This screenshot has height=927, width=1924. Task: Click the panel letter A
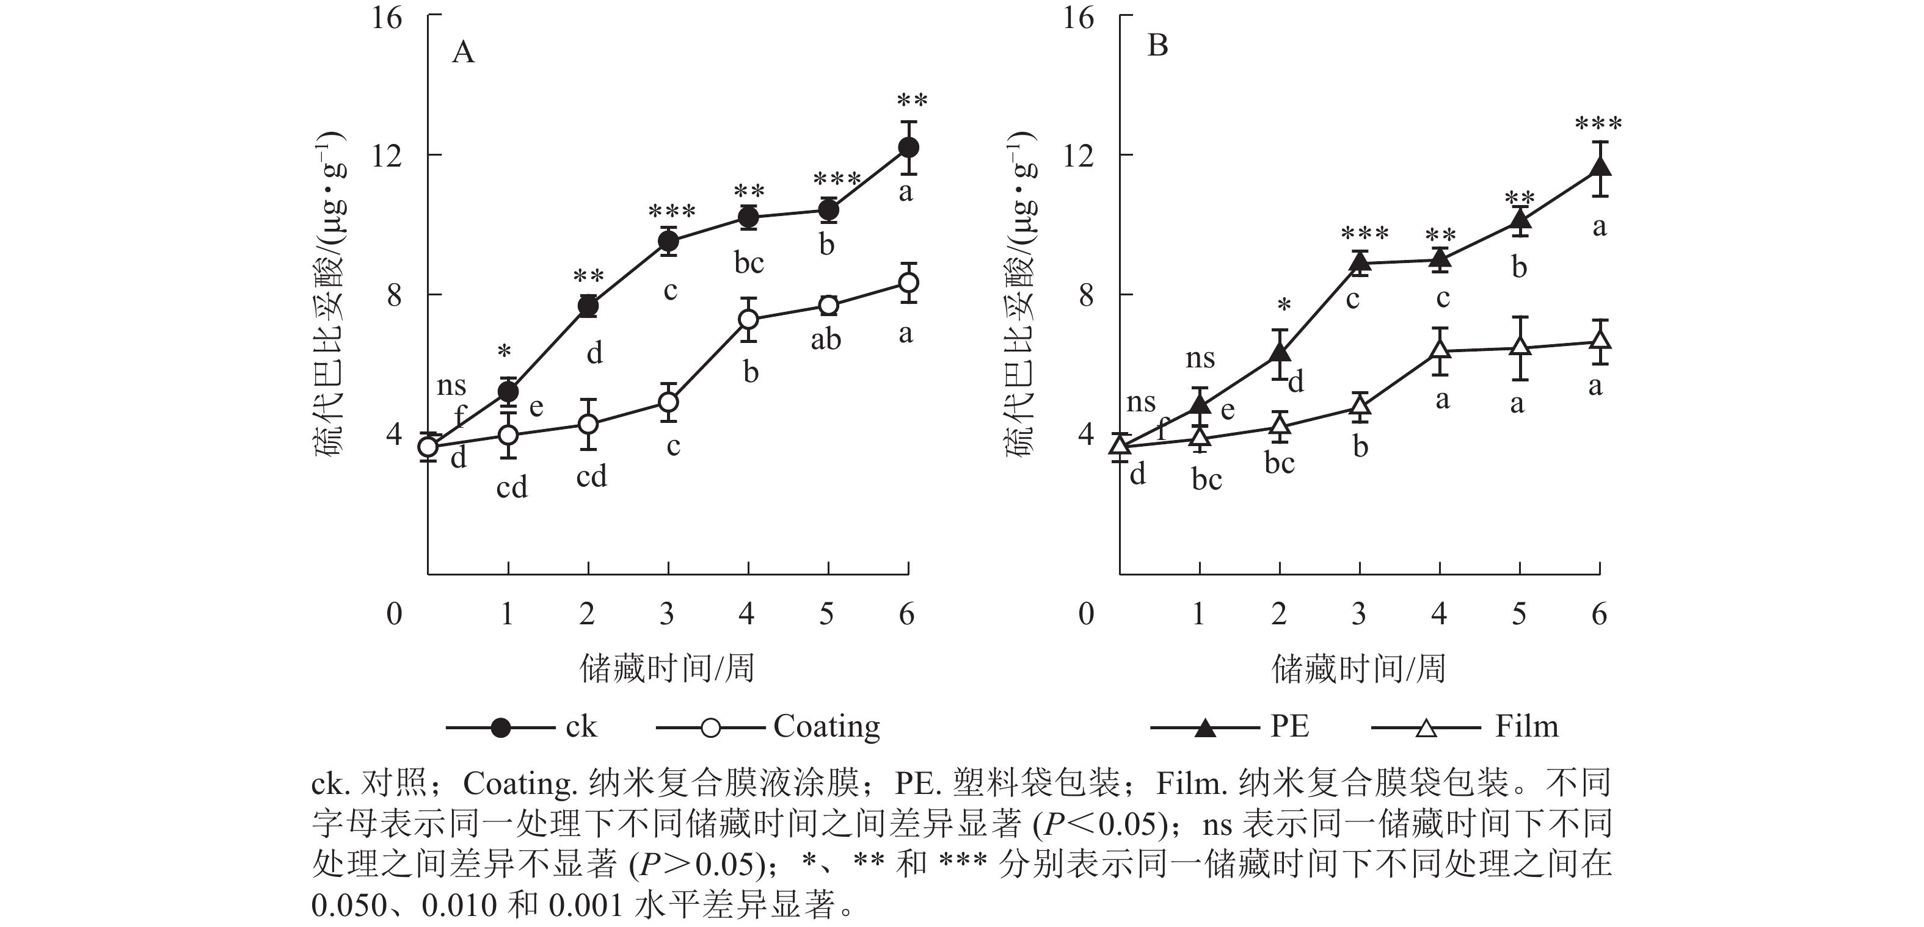coord(463,53)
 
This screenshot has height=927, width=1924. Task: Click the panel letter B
coord(1157,46)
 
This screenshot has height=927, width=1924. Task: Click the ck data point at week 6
coord(908,148)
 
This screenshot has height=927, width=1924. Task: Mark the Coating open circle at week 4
coord(748,319)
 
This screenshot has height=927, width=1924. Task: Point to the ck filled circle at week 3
coord(668,241)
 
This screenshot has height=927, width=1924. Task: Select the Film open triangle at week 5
coord(1520,347)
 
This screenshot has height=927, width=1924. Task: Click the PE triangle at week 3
coord(1360,262)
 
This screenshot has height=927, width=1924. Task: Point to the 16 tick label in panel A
coord(387,17)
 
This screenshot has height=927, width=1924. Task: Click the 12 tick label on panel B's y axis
coord(1079,155)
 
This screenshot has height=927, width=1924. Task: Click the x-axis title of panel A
coord(667,668)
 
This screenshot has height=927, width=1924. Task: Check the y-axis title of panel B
coord(1022,294)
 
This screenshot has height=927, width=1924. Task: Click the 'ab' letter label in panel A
coord(826,341)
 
